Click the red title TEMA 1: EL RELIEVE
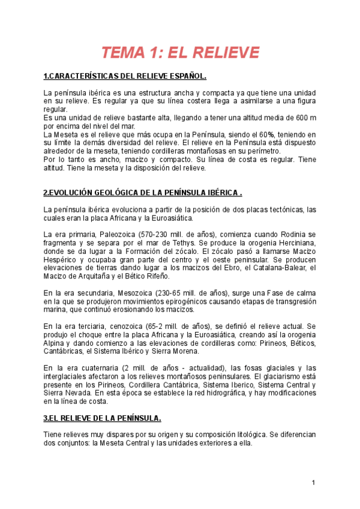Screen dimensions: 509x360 point(180,53)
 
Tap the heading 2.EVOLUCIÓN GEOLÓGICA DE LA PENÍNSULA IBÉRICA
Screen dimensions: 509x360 point(143,193)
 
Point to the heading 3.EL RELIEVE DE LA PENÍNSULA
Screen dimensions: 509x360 point(103,418)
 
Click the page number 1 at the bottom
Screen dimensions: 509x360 point(313,483)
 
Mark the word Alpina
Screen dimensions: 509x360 point(56,343)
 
